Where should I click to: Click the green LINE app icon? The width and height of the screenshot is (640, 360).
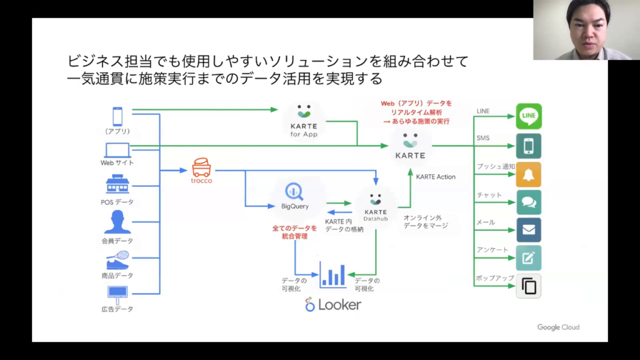pyautogui.click(x=529, y=116)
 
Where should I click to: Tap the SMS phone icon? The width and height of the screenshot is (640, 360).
pyautogui.click(x=529, y=146)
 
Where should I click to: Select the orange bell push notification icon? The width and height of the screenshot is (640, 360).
pyautogui.click(x=529, y=174)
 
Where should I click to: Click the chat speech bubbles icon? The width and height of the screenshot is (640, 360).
pyautogui.click(x=529, y=202)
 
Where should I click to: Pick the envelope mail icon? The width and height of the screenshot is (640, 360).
pyautogui.click(x=529, y=229)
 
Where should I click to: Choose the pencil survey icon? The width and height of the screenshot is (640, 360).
pyautogui.click(x=529, y=257)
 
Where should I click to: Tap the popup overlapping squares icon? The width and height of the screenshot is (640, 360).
pyautogui.click(x=529, y=286)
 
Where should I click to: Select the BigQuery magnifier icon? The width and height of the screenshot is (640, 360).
pyautogui.click(x=294, y=191)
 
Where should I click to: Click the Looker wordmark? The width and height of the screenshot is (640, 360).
pyautogui.click(x=333, y=305)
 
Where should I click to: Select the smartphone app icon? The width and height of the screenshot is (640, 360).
pyautogui.click(x=117, y=116)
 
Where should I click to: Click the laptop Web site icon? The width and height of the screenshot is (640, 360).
pyautogui.click(x=117, y=150)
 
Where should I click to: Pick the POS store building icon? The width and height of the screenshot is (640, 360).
pyautogui.click(x=117, y=184)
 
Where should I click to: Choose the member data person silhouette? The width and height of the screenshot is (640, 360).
pyautogui.click(x=117, y=222)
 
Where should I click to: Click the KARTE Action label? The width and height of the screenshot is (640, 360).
pyautogui.click(x=436, y=177)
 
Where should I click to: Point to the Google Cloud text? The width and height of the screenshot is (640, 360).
pyautogui.click(x=558, y=327)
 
